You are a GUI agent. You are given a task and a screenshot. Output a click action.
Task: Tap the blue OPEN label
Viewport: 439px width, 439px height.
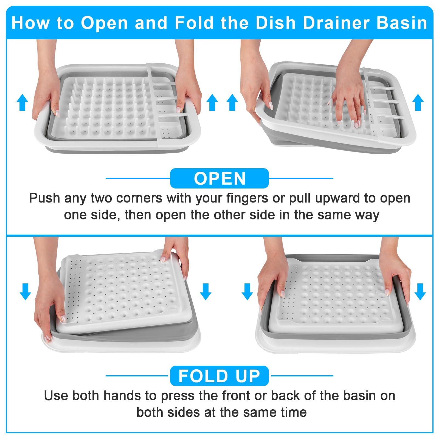click(219, 179)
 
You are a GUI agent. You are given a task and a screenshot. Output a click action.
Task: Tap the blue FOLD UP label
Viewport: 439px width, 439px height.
click(219, 376)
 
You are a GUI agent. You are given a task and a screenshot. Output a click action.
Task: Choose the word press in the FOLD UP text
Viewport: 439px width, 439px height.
click(174, 396)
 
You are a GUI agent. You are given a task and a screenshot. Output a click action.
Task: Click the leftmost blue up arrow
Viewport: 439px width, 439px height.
click(22, 102)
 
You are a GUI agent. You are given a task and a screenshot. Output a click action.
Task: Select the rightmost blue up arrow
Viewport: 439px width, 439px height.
click(418, 102)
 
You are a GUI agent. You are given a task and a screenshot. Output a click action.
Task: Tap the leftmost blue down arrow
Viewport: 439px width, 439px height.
click(25, 292)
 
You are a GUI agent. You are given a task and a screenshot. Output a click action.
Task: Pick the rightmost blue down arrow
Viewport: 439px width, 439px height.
click(420, 292)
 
